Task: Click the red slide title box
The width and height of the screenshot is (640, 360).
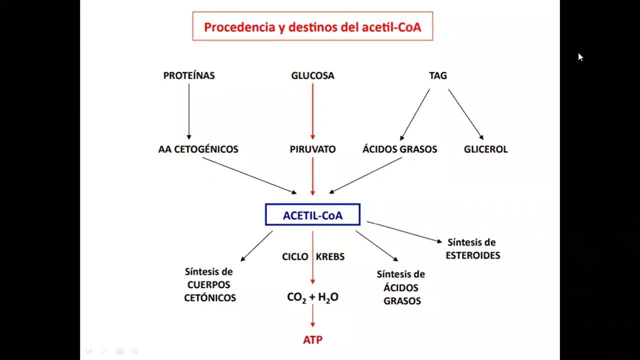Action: [312, 26]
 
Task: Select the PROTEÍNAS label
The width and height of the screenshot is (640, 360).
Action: [189, 75]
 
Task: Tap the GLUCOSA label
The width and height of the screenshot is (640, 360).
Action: [312, 75]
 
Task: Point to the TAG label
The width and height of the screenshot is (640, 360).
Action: [438, 75]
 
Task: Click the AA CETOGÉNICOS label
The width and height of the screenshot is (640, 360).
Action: [198, 149]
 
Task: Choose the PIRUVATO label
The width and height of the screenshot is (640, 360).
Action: [312, 149]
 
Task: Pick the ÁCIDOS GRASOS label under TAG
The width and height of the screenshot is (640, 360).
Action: [399, 149]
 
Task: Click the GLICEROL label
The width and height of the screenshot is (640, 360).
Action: [485, 149]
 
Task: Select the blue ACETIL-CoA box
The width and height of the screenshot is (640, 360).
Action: [312, 215]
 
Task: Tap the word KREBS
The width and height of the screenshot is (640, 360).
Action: [330, 256]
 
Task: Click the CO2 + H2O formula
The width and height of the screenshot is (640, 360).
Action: [312, 297]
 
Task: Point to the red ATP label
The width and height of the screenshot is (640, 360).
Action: [312, 339]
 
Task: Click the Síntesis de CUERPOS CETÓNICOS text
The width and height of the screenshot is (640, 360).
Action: [209, 284]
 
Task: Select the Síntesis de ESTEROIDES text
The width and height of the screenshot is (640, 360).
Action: [472, 249]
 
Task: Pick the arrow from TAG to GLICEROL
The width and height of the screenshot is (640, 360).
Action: [465, 114]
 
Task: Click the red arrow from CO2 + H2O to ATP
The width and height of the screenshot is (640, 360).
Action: [312, 316]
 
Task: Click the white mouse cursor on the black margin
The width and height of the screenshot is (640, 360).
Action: [580, 57]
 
